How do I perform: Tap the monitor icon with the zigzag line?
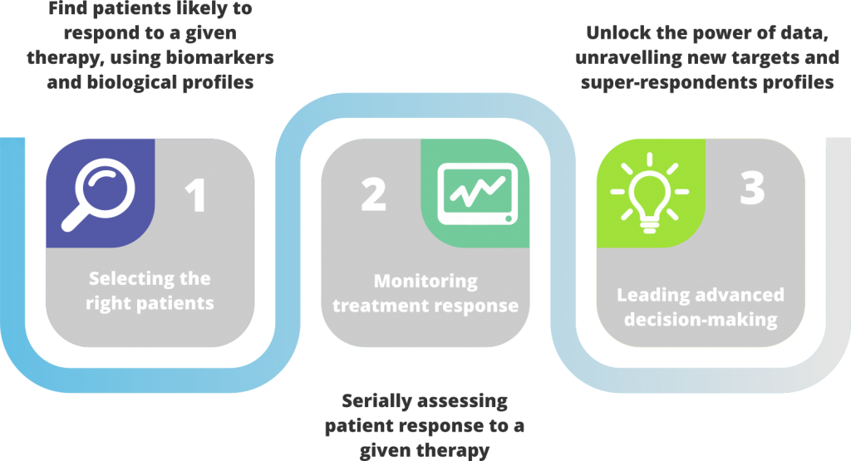(x=478, y=194)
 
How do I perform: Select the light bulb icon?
(x=650, y=193)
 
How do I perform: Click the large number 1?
(x=195, y=196)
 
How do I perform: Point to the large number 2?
(x=373, y=195)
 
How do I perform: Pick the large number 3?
(x=752, y=189)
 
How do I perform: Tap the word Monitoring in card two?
(x=425, y=282)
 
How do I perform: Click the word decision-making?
(x=701, y=320)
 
